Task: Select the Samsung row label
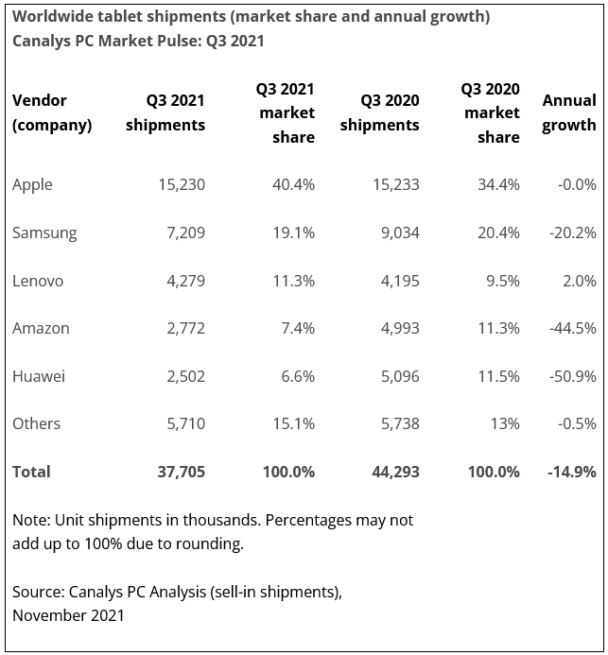coord(44,233)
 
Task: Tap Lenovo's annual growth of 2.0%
coord(578,281)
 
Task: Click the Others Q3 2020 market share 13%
coord(503,424)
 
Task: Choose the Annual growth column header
coord(568,112)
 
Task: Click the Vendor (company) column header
coord(51,112)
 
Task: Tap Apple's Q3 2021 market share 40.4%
coord(291,185)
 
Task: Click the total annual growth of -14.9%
coord(572,472)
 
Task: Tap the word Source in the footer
coord(37,593)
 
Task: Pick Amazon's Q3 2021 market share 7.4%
coord(295,329)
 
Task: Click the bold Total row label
coord(31,472)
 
